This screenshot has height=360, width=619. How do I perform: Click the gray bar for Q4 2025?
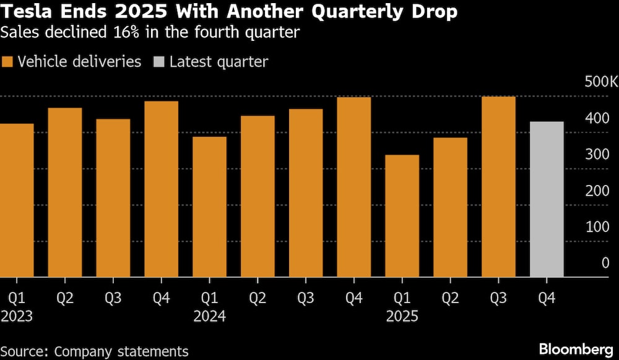(x=547, y=199)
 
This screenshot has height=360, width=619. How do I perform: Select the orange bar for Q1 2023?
(x=17, y=200)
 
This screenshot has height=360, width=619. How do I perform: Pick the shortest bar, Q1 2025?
(x=402, y=216)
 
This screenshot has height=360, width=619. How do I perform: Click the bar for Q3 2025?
(x=498, y=187)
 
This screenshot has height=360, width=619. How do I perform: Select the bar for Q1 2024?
(x=209, y=207)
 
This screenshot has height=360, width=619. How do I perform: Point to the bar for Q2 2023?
(x=65, y=192)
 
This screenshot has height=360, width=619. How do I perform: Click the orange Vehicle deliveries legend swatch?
(x=7, y=62)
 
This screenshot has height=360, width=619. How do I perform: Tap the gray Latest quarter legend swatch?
(x=158, y=62)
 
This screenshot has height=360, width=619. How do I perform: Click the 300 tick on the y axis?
(x=597, y=154)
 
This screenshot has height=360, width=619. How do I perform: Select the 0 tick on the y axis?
(x=605, y=263)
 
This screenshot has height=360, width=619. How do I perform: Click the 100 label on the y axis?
(x=597, y=226)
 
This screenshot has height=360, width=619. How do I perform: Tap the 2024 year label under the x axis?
(x=209, y=317)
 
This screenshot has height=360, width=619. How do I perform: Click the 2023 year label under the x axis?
(x=17, y=317)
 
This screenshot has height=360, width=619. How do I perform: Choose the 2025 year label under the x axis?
(x=402, y=317)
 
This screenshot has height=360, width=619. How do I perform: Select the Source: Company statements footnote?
(x=94, y=351)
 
